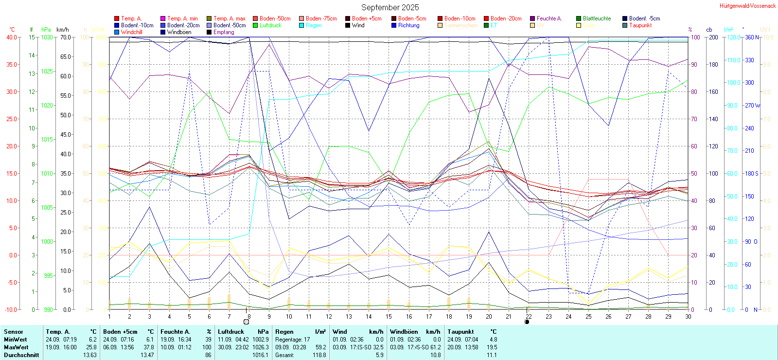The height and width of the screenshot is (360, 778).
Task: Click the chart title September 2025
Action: (x=389, y=7)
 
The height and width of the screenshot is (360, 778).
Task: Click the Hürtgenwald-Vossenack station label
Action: (x=748, y=6)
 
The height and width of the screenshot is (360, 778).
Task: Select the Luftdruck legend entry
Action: (x=270, y=25)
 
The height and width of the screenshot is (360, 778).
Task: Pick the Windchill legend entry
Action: (x=131, y=32)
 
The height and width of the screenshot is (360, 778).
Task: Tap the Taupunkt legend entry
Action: (x=640, y=25)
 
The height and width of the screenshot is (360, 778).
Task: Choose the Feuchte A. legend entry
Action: (x=549, y=18)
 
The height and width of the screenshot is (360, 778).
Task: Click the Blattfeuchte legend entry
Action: (x=597, y=18)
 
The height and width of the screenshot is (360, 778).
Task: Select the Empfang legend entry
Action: (x=224, y=32)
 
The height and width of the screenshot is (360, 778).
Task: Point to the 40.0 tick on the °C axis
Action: (x=11, y=37)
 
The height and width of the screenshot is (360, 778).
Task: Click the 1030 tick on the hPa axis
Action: (x=47, y=37)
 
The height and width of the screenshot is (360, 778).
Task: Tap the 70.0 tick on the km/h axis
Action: (x=65, y=37)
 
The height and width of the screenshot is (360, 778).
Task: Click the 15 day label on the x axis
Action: (x=389, y=316)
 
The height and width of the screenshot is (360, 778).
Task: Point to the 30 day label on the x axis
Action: (x=688, y=316)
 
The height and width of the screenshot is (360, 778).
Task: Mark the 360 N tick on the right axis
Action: (x=752, y=37)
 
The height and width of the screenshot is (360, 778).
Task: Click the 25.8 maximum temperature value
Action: (x=92, y=347)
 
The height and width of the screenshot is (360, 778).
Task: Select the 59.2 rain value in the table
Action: (x=320, y=347)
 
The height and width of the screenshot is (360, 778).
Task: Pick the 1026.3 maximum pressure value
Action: (x=261, y=347)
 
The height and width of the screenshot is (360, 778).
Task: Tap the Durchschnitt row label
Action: (x=21, y=355)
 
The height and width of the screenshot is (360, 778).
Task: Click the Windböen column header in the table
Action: (x=403, y=332)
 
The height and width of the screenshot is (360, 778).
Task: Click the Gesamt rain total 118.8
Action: (x=319, y=355)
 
